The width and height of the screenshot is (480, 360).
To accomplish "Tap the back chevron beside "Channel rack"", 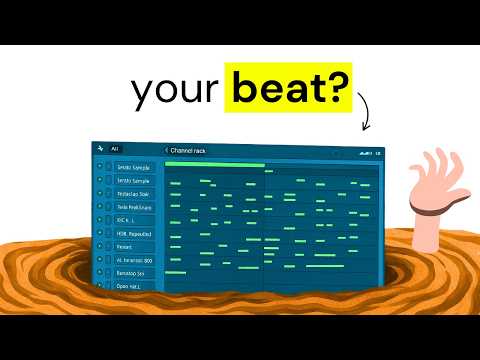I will [x=167, y=150].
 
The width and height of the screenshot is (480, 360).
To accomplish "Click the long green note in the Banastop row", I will [x=175, y=272].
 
